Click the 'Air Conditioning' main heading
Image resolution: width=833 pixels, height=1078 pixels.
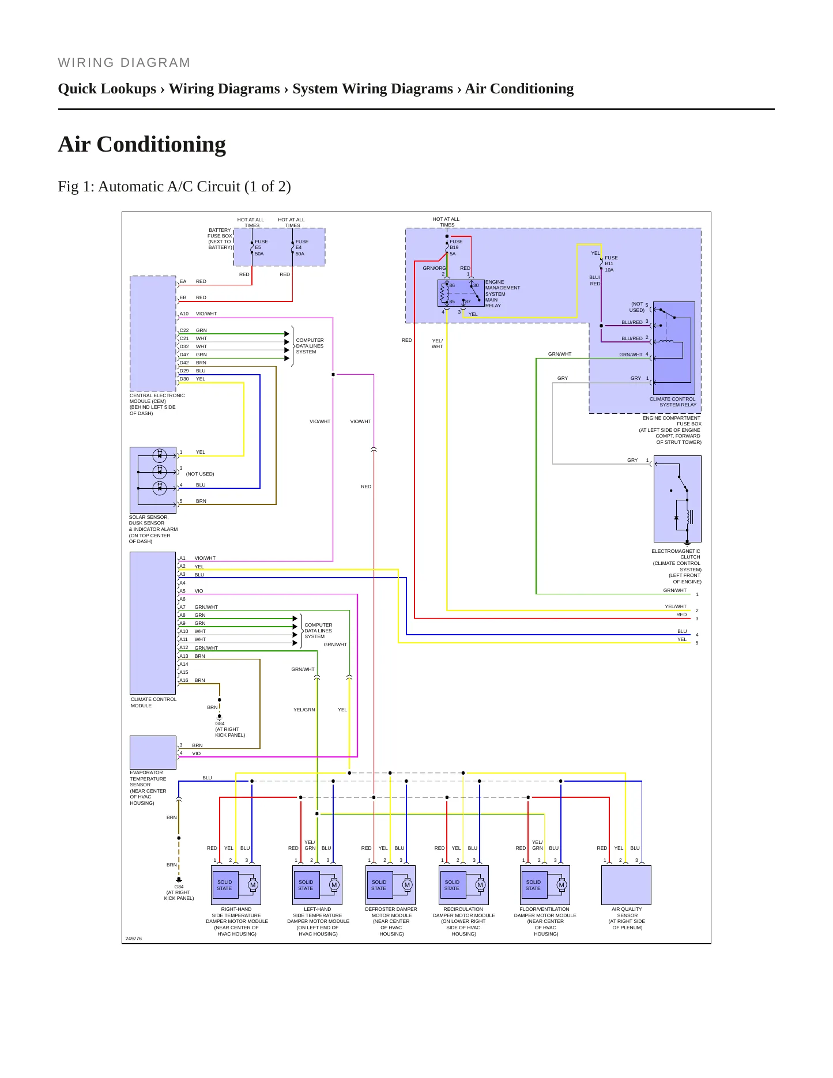142,144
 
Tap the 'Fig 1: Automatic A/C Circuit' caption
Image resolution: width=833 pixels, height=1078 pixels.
174,186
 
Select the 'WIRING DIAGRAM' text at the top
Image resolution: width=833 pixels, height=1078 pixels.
124,63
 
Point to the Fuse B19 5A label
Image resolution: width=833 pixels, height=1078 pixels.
456,248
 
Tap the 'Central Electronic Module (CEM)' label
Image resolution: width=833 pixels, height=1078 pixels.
157,404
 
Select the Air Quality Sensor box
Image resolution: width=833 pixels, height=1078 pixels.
626,885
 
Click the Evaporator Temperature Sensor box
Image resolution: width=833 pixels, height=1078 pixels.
153,752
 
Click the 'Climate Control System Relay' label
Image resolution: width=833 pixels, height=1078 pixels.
673,402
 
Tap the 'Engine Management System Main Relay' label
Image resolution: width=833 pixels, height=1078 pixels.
502,294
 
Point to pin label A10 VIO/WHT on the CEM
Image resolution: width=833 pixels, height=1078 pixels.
198,314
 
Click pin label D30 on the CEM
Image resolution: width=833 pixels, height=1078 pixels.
184,379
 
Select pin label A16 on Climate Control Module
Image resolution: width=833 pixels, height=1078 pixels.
184,680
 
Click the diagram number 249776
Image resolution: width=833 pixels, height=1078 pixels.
133,938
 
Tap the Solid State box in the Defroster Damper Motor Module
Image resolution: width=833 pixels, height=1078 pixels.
379,885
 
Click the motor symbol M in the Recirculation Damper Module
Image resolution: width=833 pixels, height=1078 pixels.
480,885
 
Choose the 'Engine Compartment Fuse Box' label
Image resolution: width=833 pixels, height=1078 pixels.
670,430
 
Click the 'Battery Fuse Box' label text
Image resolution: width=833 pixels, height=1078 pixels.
220,239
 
